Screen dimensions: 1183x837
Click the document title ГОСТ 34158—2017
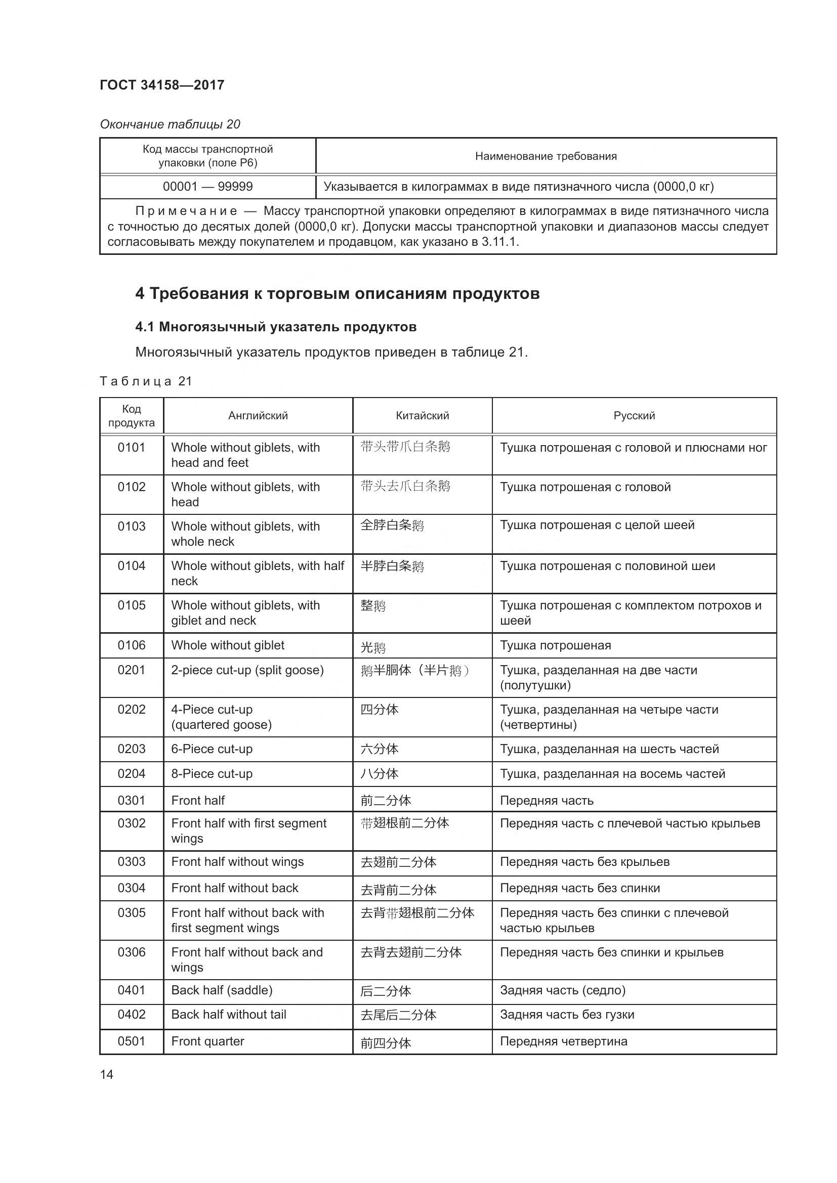pyautogui.click(x=162, y=85)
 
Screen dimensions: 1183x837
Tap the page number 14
pyautogui.click(x=107, y=1074)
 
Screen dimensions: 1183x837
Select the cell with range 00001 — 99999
pyautogui.click(x=207, y=187)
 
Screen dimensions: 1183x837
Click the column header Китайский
pyautogui.click(x=422, y=416)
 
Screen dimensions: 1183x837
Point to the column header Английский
pyautogui.click(x=258, y=416)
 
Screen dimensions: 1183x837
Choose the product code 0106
pyautogui.click(x=132, y=645)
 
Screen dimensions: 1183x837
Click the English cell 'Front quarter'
pyautogui.click(x=207, y=1041)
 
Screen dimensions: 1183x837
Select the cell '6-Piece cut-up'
pyautogui.click(x=212, y=749)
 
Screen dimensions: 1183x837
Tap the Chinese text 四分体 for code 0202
pyautogui.click(x=380, y=710)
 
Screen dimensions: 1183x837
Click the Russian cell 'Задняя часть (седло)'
pyautogui.click(x=563, y=990)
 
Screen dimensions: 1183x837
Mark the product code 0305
pyautogui.click(x=132, y=912)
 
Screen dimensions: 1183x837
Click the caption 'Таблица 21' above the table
pyautogui.click(x=146, y=381)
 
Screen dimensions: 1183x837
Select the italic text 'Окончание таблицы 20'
pyautogui.click(x=170, y=124)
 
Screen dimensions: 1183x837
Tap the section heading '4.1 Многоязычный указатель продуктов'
pyautogui.click(x=276, y=327)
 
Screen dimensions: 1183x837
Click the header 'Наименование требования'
pyautogui.click(x=546, y=156)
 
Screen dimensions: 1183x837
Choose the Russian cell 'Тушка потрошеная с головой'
pyautogui.click(x=585, y=487)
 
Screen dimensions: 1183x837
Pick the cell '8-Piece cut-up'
pyautogui.click(x=212, y=773)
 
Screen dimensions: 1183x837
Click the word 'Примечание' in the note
pyautogui.click(x=186, y=211)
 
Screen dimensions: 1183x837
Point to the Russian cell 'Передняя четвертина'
pyautogui.click(x=563, y=1041)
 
